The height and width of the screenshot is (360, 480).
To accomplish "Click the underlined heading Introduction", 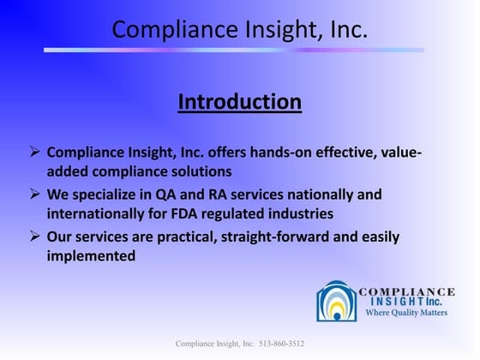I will pos(240,103).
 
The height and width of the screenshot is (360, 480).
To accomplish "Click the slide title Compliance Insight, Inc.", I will pos(240,31).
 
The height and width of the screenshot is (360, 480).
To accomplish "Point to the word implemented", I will pos(91,255).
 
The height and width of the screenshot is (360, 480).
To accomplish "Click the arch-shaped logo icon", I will pos(336,302).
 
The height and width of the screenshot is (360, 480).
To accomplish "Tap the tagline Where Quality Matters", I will pos(407,313).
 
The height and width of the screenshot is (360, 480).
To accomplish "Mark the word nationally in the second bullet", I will pos(336,195).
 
